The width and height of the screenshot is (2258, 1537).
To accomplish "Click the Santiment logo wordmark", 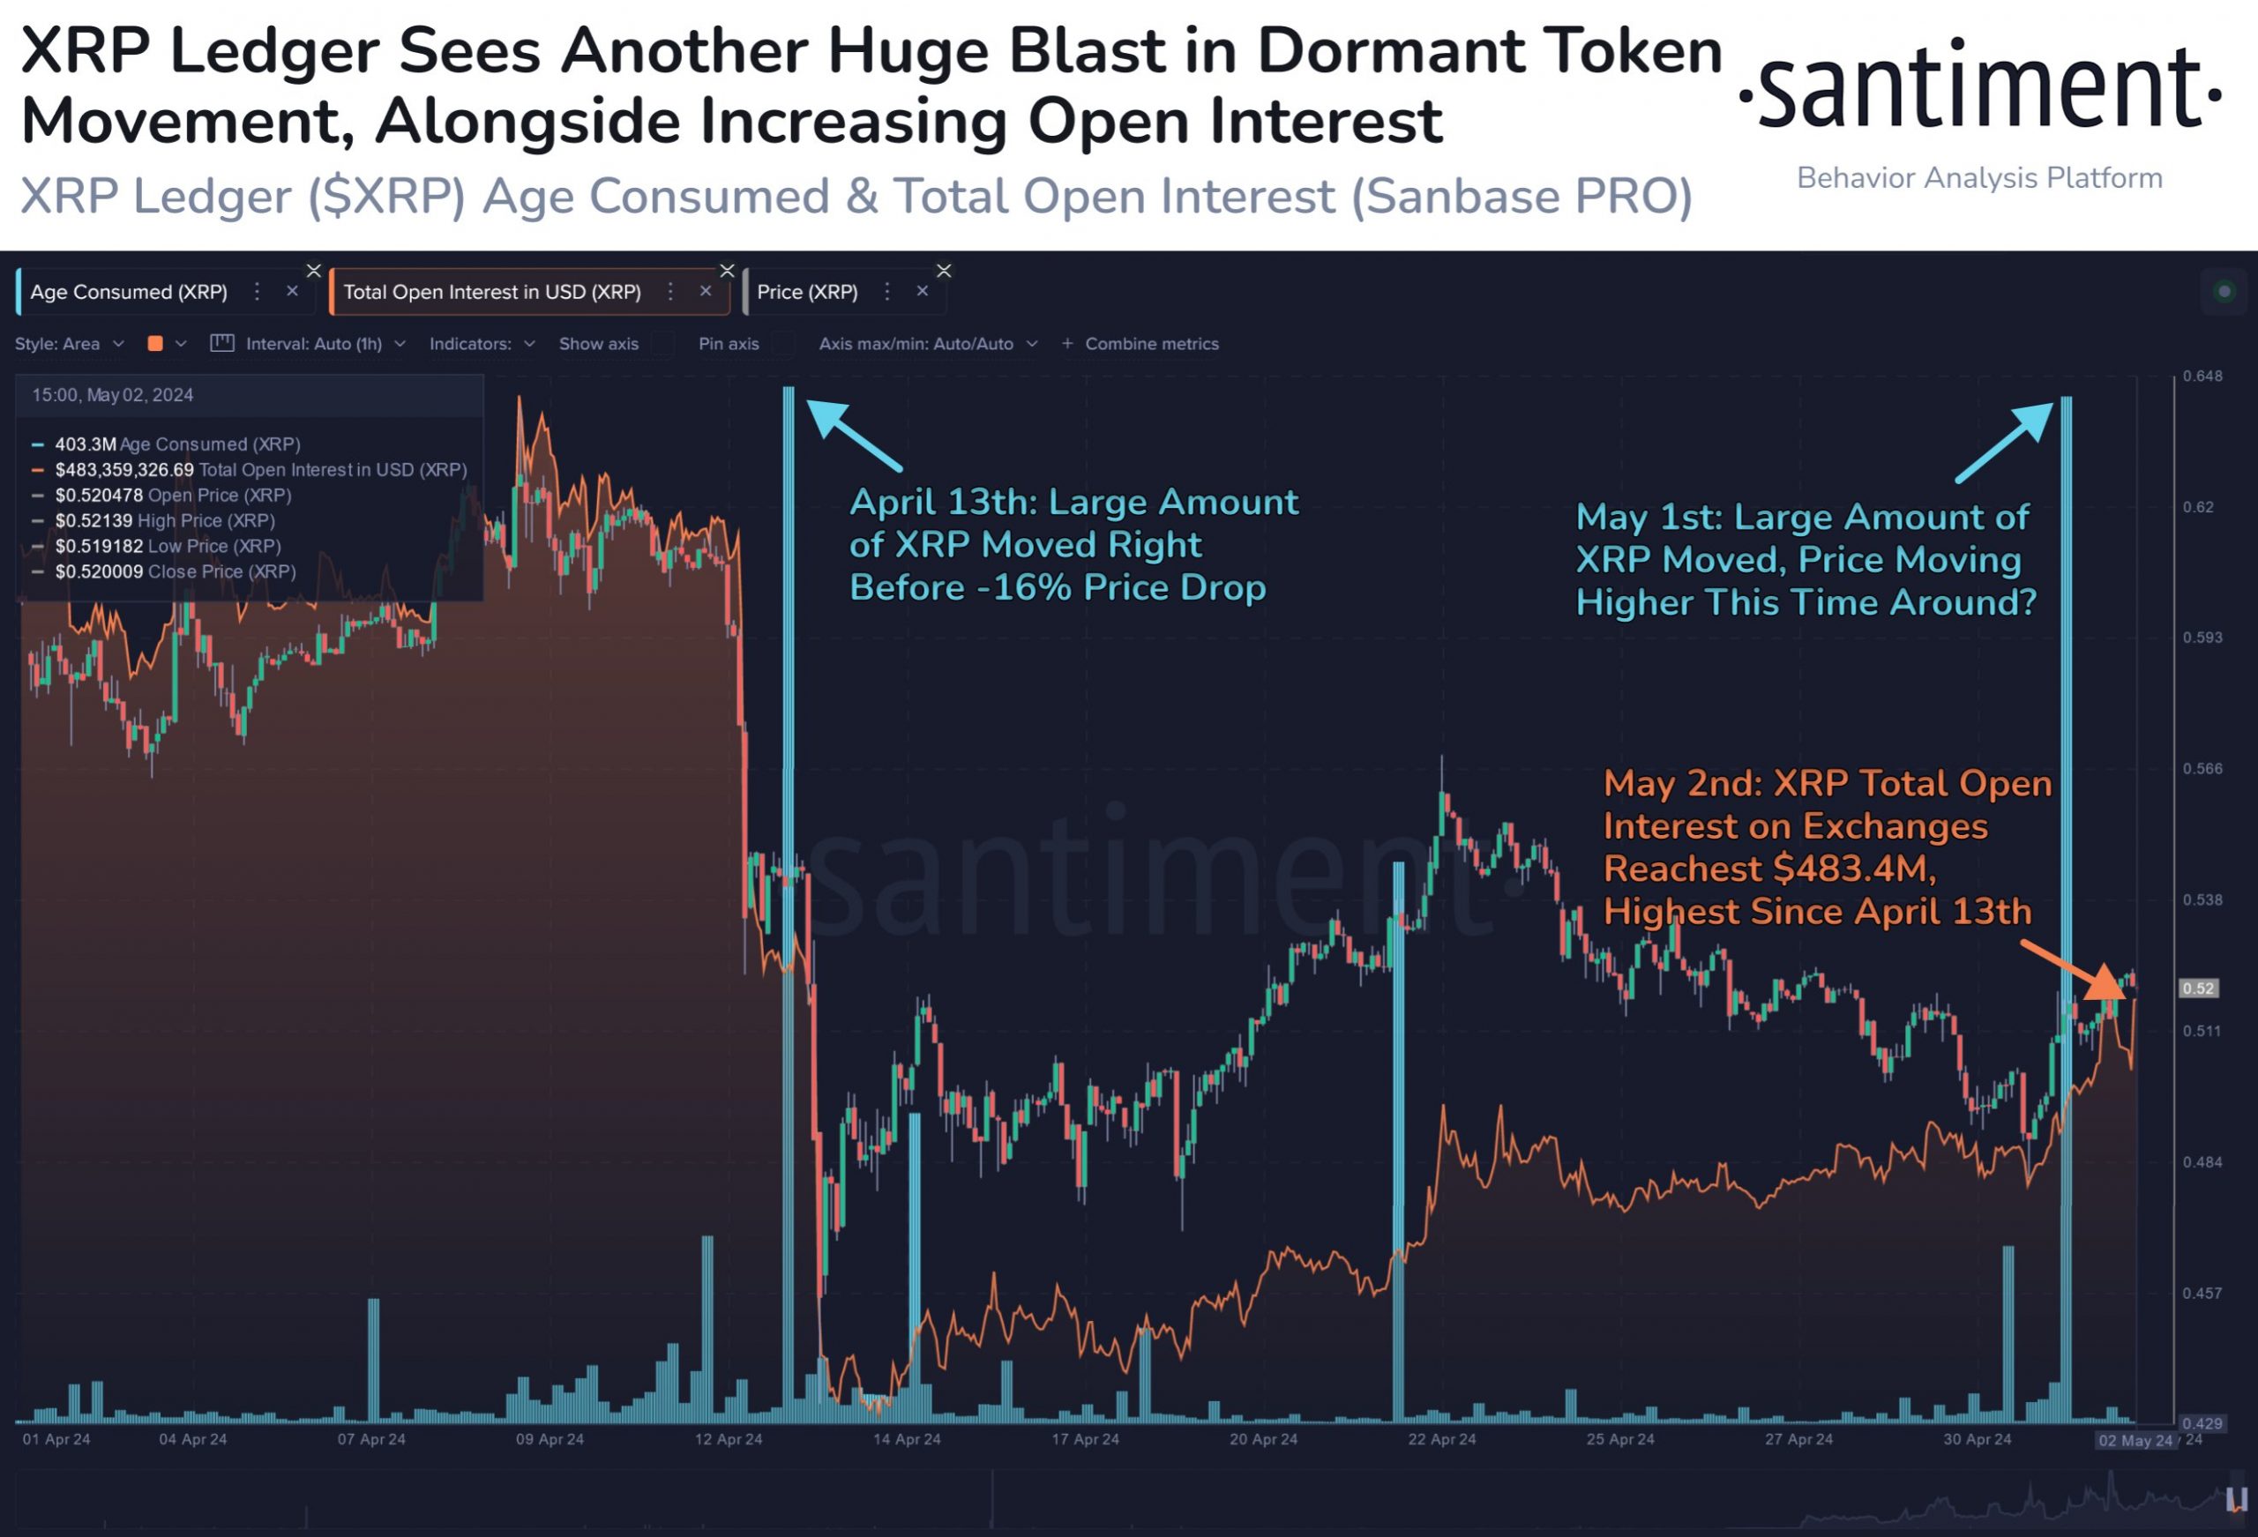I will tap(1979, 89).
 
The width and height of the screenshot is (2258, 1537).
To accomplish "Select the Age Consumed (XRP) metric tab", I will tap(130, 292).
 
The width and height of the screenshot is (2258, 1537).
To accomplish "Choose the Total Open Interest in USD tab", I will tap(491, 292).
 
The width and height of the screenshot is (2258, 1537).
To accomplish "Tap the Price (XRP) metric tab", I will tap(806, 292).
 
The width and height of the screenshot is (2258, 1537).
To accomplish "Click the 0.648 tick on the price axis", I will tap(2202, 376).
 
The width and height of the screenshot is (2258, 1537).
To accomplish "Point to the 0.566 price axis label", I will tap(2202, 769).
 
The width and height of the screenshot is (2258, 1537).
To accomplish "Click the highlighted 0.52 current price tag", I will tap(2198, 988).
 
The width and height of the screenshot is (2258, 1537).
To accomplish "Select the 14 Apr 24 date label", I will tap(907, 1439).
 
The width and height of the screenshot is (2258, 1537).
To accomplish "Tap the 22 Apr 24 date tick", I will tap(1442, 1439).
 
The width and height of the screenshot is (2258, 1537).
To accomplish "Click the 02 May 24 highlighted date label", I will tap(2135, 1440).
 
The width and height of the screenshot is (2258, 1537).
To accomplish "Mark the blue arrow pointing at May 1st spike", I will tap(2007, 441).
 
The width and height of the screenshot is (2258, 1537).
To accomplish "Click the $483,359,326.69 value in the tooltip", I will tap(124, 469).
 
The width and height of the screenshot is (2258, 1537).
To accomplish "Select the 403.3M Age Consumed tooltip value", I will tap(86, 444).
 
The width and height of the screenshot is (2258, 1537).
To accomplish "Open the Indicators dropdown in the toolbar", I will tap(482, 344).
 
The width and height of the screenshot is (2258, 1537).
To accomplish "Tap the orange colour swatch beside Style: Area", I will tap(154, 344).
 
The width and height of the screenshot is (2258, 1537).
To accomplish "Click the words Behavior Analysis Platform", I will tap(1979, 178).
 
